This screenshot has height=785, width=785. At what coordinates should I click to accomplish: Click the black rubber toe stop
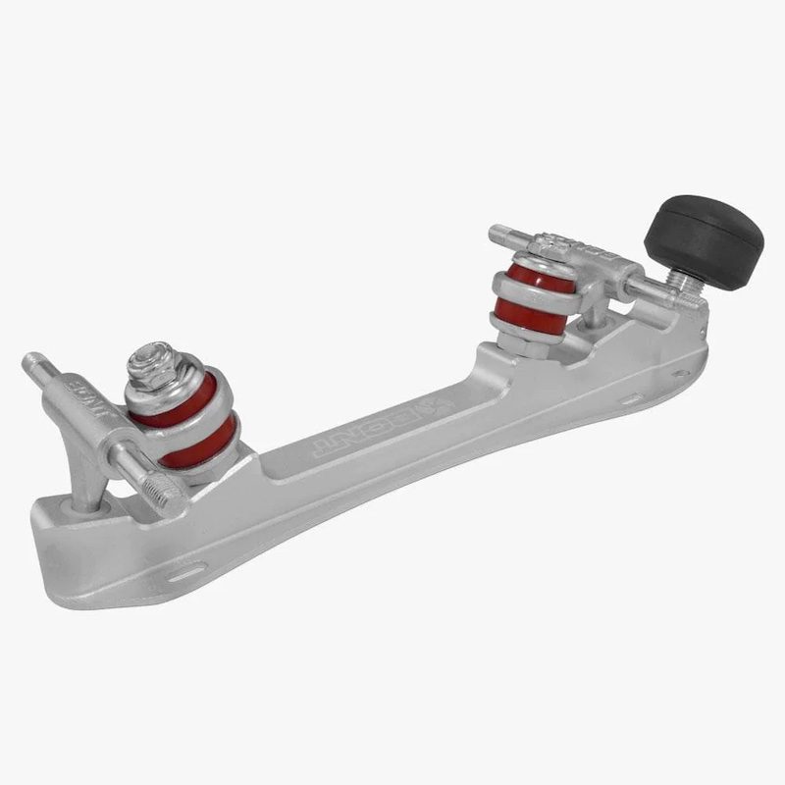pos(704,240)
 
